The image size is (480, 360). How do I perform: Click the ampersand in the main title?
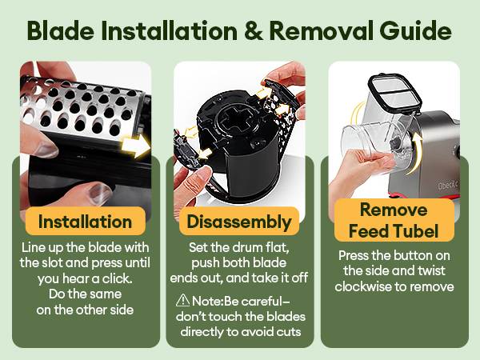[254, 31]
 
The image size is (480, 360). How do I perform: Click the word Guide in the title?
[415, 30]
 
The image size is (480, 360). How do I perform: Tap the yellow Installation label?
[85, 222]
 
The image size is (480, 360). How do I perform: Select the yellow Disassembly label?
[239, 222]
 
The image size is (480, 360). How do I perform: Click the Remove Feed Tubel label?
[394, 220]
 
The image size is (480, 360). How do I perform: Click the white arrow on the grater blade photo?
[135, 146]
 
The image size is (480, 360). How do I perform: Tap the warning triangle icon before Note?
[182, 300]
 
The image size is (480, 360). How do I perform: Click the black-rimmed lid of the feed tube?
[395, 92]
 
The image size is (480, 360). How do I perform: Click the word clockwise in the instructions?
[362, 286]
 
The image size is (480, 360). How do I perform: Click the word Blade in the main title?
[61, 30]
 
